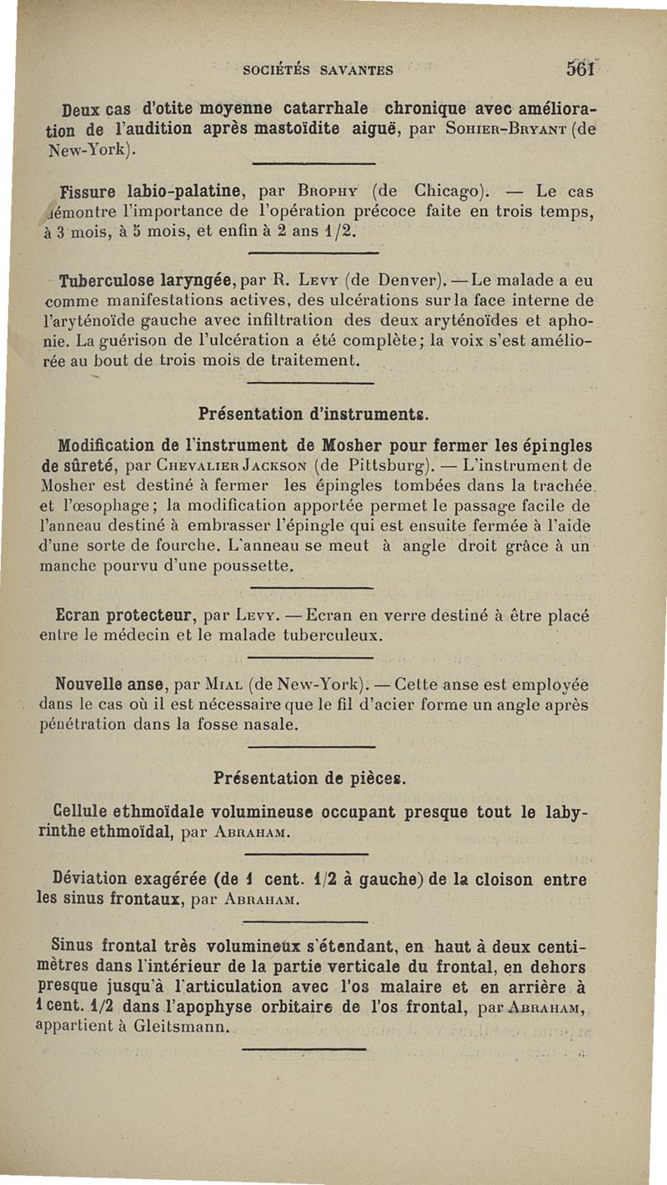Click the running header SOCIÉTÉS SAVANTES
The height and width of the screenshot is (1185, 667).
(318, 71)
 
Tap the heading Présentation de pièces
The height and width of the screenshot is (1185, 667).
(309, 777)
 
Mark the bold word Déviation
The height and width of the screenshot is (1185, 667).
(90, 879)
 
